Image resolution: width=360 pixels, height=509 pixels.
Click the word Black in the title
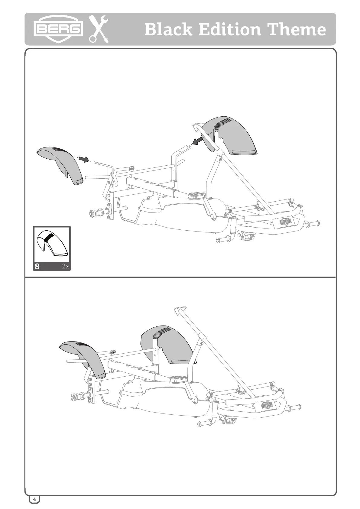pos(168,30)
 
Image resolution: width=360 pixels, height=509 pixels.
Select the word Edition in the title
pos(230,30)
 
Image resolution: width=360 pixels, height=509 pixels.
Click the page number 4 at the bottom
pos(34,499)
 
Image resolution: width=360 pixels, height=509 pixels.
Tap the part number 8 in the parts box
pos(37,266)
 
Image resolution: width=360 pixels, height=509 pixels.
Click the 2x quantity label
pos(65,266)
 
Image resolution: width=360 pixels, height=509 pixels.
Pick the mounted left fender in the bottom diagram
pos(83,355)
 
